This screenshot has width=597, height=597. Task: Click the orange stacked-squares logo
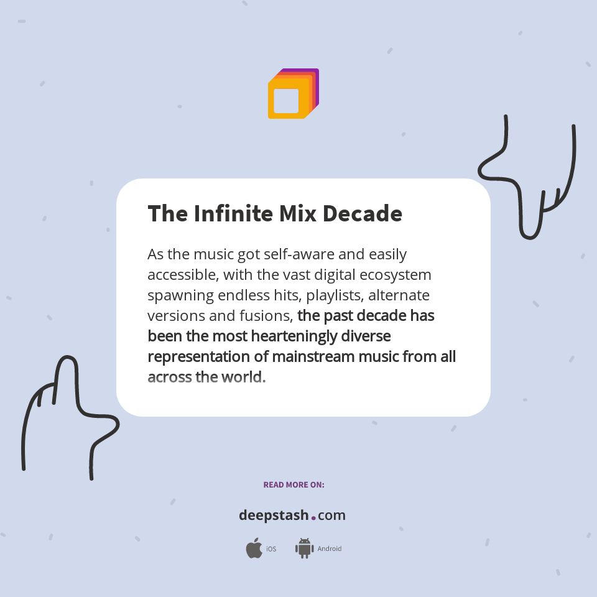coord(293,94)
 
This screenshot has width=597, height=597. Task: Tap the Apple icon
coord(254,548)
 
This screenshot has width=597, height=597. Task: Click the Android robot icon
coord(304,548)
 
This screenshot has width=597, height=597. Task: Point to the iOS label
coord(271,549)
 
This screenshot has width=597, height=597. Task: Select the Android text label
coord(329,549)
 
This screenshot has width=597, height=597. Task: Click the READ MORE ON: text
coord(294,484)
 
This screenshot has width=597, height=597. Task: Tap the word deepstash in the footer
coord(274,516)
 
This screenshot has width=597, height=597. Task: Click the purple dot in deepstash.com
coord(313,517)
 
